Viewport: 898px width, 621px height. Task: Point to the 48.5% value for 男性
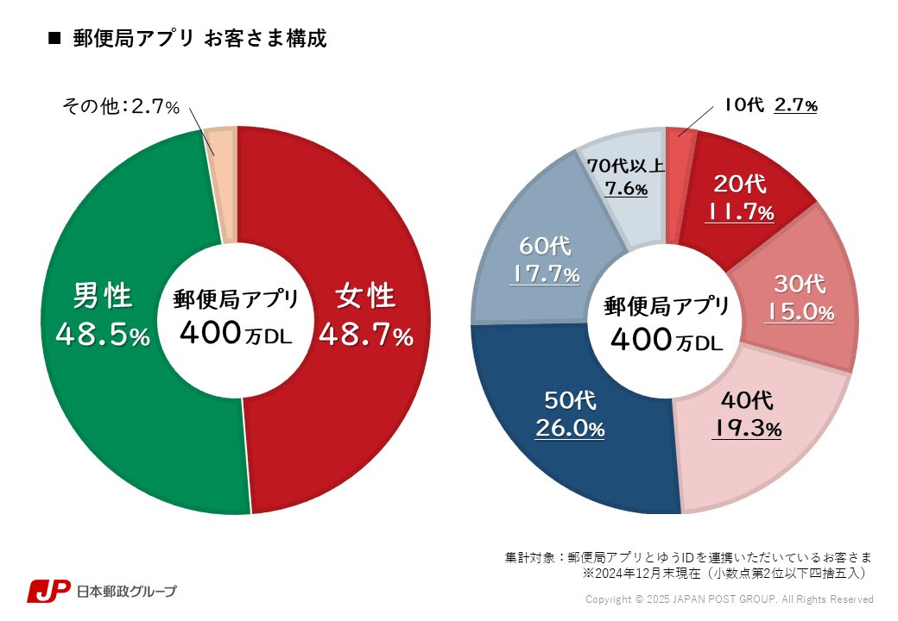102,336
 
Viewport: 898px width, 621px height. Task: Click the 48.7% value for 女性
366,336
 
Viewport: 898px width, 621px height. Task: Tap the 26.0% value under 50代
569,428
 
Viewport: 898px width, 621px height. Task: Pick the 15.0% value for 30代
800,312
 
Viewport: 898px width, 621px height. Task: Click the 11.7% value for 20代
739,212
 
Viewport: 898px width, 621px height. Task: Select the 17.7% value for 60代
544,275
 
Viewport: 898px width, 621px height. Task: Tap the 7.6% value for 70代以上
626,189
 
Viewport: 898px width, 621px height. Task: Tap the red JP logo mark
47,591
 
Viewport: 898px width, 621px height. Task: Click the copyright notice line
729,599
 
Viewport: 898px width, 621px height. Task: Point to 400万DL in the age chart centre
666,341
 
